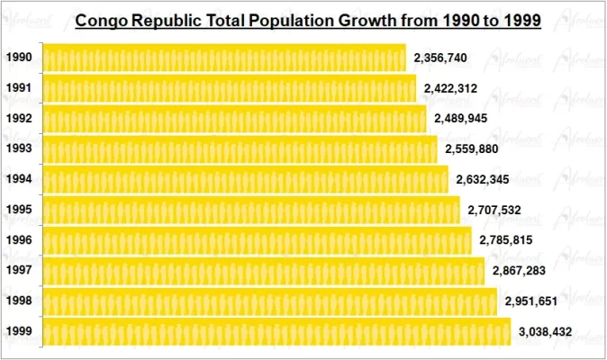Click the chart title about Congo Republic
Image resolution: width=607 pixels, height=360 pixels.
(307, 20)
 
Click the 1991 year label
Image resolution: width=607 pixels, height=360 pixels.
(19, 88)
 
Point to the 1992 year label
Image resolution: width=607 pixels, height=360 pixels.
(19, 119)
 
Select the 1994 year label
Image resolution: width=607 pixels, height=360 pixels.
(19, 179)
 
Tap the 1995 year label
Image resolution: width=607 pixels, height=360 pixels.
(19, 210)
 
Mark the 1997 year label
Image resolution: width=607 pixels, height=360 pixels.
(19, 271)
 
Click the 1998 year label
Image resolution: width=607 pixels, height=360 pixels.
(19, 301)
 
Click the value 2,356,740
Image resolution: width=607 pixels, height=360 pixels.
(440, 58)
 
